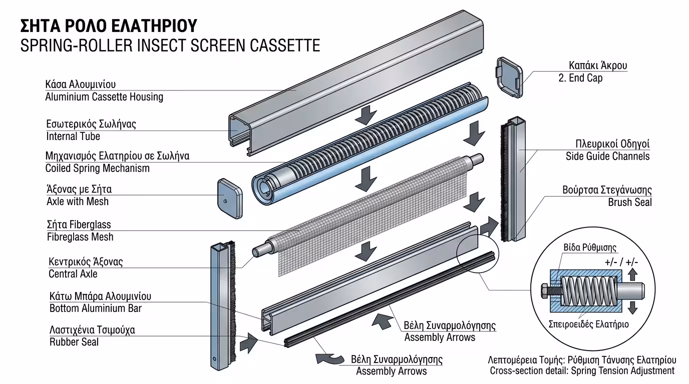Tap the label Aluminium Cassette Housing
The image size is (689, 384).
(104, 97)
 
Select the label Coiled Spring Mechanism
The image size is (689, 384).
(98, 168)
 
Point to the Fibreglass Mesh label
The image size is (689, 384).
(80, 237)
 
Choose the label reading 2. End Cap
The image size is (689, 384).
(580, 78)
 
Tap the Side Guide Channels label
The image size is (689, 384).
(607, 156)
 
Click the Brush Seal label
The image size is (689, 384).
(630, 202)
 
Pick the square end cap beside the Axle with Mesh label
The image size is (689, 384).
(230, 199)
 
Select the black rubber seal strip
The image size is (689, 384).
(391, 300)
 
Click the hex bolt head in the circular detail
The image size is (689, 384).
(545, 290)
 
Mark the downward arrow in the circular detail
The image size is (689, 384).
(632, 307)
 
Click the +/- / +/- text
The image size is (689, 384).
(621, 261)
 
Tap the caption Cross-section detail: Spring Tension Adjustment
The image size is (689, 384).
(582, 371)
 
